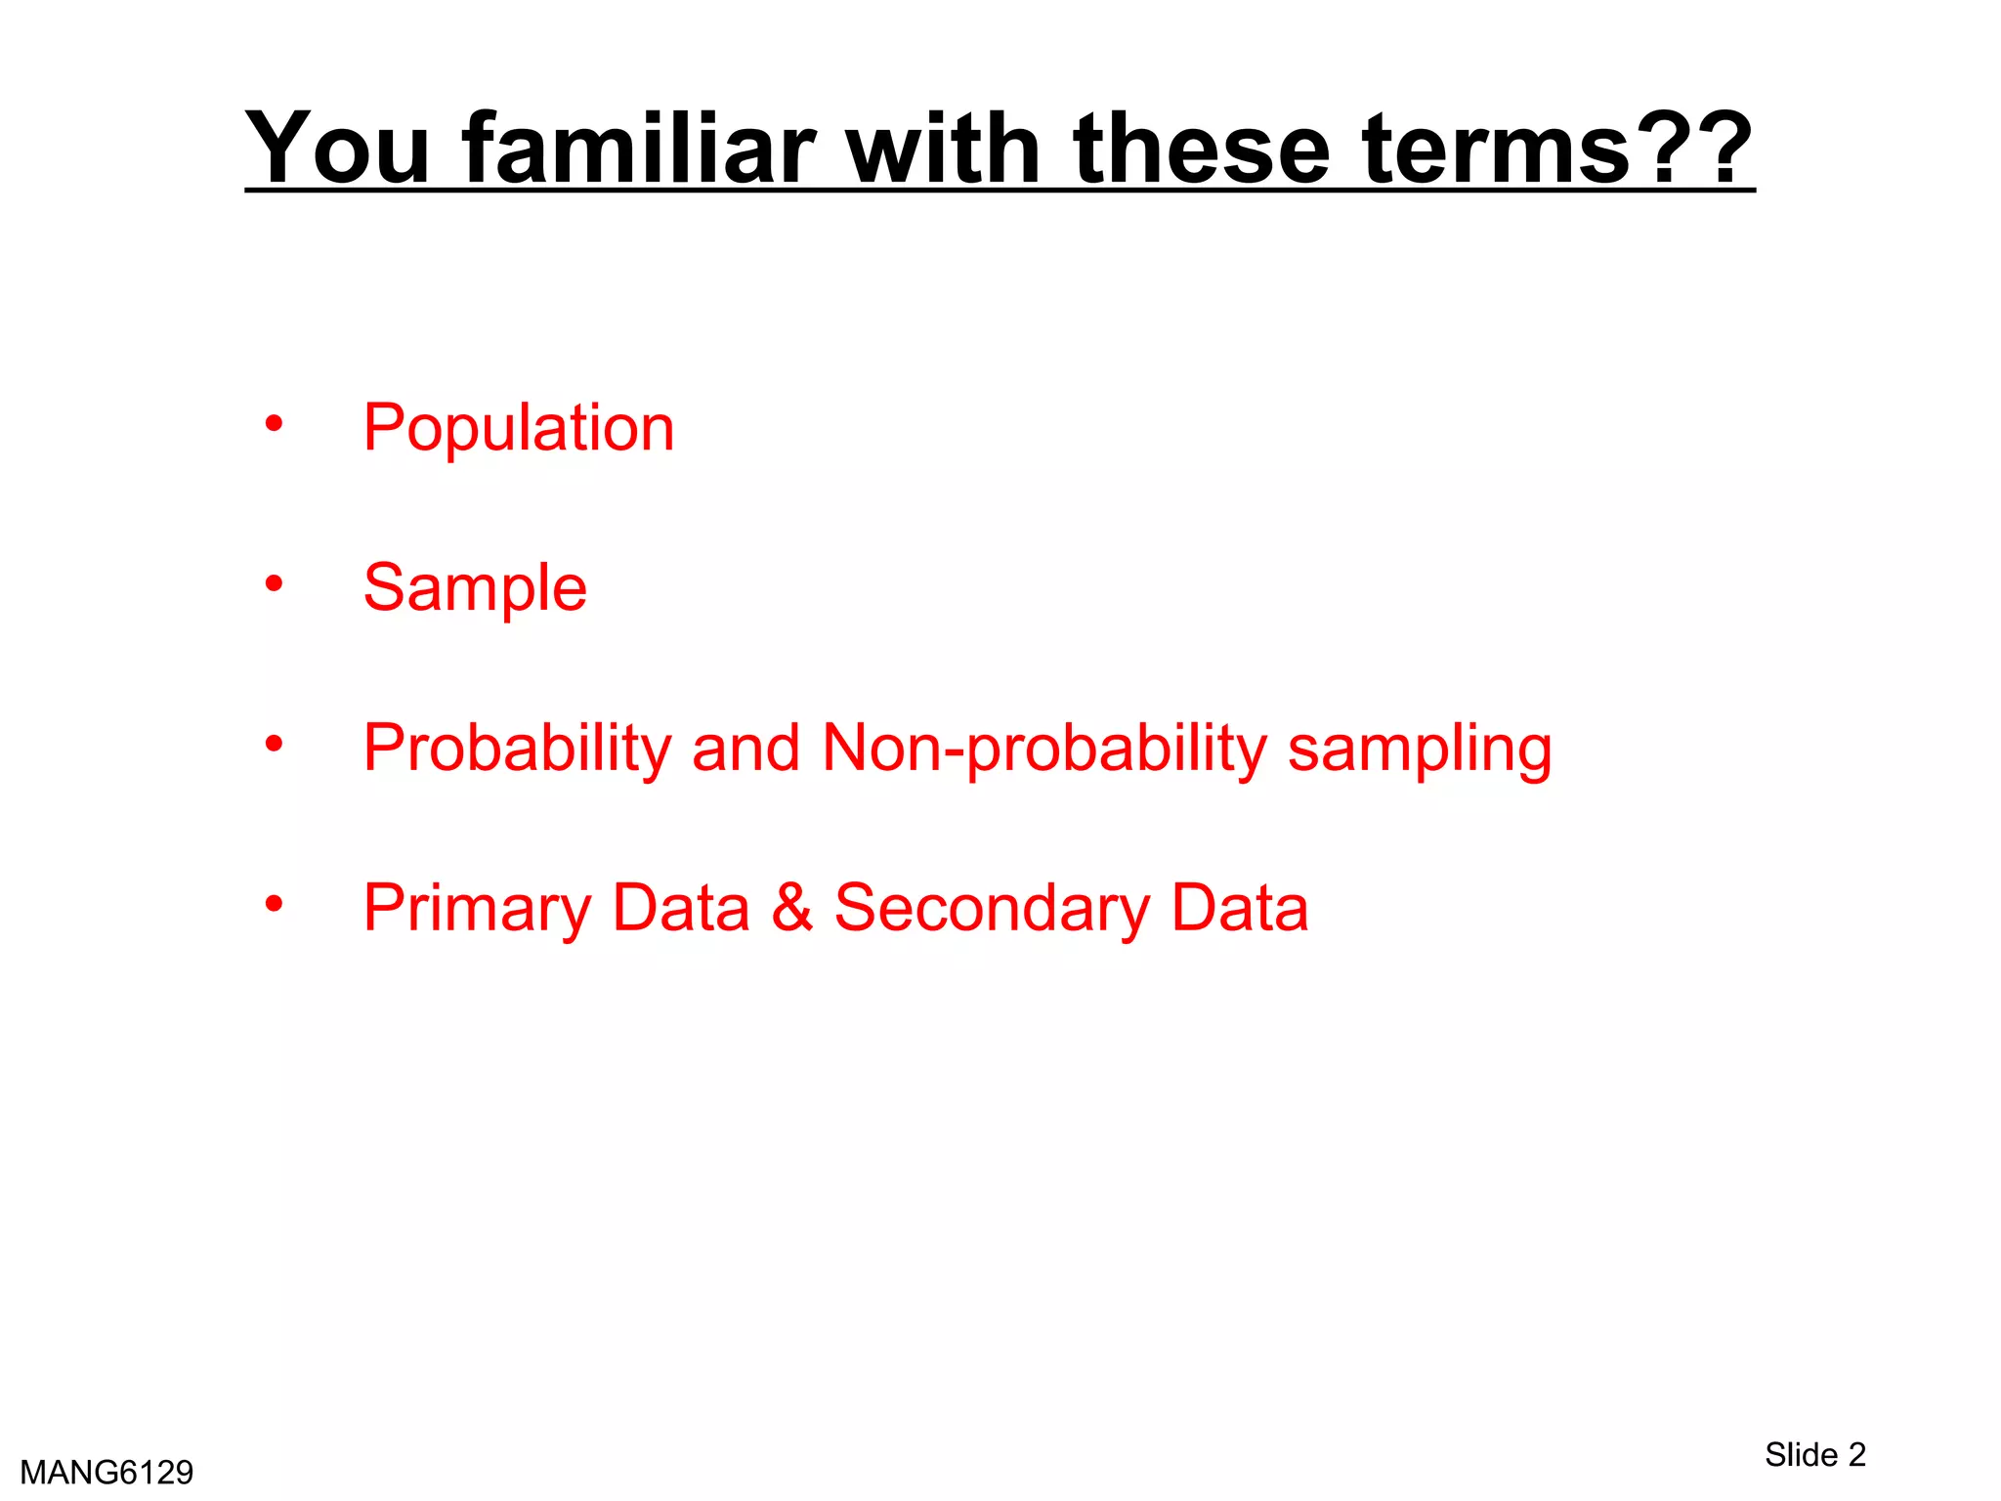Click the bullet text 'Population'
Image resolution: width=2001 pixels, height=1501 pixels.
519,428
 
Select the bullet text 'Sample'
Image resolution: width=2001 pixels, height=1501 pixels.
475,587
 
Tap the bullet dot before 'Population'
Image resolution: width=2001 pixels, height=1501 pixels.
274,424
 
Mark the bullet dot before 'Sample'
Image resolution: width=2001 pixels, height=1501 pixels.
274,583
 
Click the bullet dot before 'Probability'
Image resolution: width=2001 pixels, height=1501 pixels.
274,744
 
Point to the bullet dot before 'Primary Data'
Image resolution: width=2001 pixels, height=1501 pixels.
274,903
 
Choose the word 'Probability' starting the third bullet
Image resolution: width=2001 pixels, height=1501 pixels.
517,749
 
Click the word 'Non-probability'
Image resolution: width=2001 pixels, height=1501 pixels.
1044,749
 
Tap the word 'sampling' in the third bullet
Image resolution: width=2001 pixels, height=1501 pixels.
1419,749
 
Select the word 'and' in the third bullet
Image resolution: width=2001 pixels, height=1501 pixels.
745,749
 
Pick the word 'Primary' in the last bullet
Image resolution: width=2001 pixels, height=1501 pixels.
476,909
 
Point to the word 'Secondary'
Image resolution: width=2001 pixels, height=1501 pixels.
992,909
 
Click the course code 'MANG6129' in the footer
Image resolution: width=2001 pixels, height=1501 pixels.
106,1472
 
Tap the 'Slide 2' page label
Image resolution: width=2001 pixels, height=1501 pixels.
1814,1454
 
